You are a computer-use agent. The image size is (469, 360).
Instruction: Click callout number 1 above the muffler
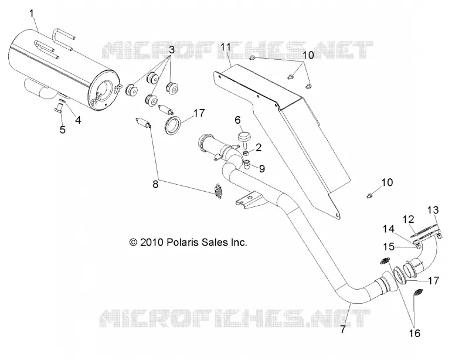click(x=32, y=13)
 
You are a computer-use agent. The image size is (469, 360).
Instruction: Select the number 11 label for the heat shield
click(x=226, y=47)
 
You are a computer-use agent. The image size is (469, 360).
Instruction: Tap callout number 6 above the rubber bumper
click(x=237, y=120)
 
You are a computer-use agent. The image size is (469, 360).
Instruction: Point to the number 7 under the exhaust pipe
click(x=343, y=329)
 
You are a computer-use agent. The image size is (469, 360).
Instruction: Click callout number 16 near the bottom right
click(x=414, y=333)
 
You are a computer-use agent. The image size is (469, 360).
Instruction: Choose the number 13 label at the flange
click(x=433, y=210)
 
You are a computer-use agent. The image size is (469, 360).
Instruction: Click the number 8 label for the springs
click(x=155, y=184)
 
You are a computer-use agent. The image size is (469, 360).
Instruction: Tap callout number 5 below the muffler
click(x=63, y=130)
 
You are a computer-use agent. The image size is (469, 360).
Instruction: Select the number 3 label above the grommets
click(x=172, y=50)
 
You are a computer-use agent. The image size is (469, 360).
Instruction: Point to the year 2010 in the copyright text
click(x=151, y=242)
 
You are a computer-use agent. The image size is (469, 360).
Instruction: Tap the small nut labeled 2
click(x=244, y=154)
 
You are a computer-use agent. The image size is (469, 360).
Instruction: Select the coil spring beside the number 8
click(x=219, y=191)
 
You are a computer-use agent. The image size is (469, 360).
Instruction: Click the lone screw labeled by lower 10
click(x=369, y=196)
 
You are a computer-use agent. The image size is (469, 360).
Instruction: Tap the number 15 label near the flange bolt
click(x=389, y=247)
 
